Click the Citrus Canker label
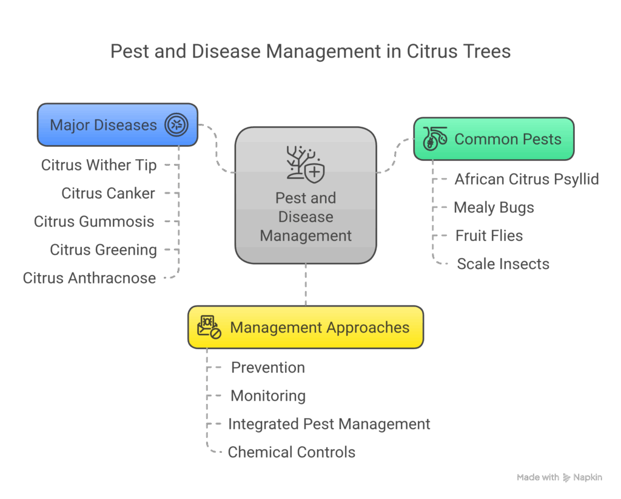108,194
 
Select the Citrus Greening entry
103,249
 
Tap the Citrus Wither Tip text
99,165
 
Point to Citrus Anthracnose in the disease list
89,278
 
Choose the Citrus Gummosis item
94,222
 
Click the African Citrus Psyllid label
526,179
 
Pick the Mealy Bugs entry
494,208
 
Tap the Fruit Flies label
489,236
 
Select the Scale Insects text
503,264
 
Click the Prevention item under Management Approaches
267,368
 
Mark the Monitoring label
267,396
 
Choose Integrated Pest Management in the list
329,424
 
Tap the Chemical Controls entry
291,452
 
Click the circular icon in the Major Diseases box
176,125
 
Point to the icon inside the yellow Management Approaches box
209,327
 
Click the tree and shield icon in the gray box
305,164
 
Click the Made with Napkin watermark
559,478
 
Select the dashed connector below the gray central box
305,284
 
